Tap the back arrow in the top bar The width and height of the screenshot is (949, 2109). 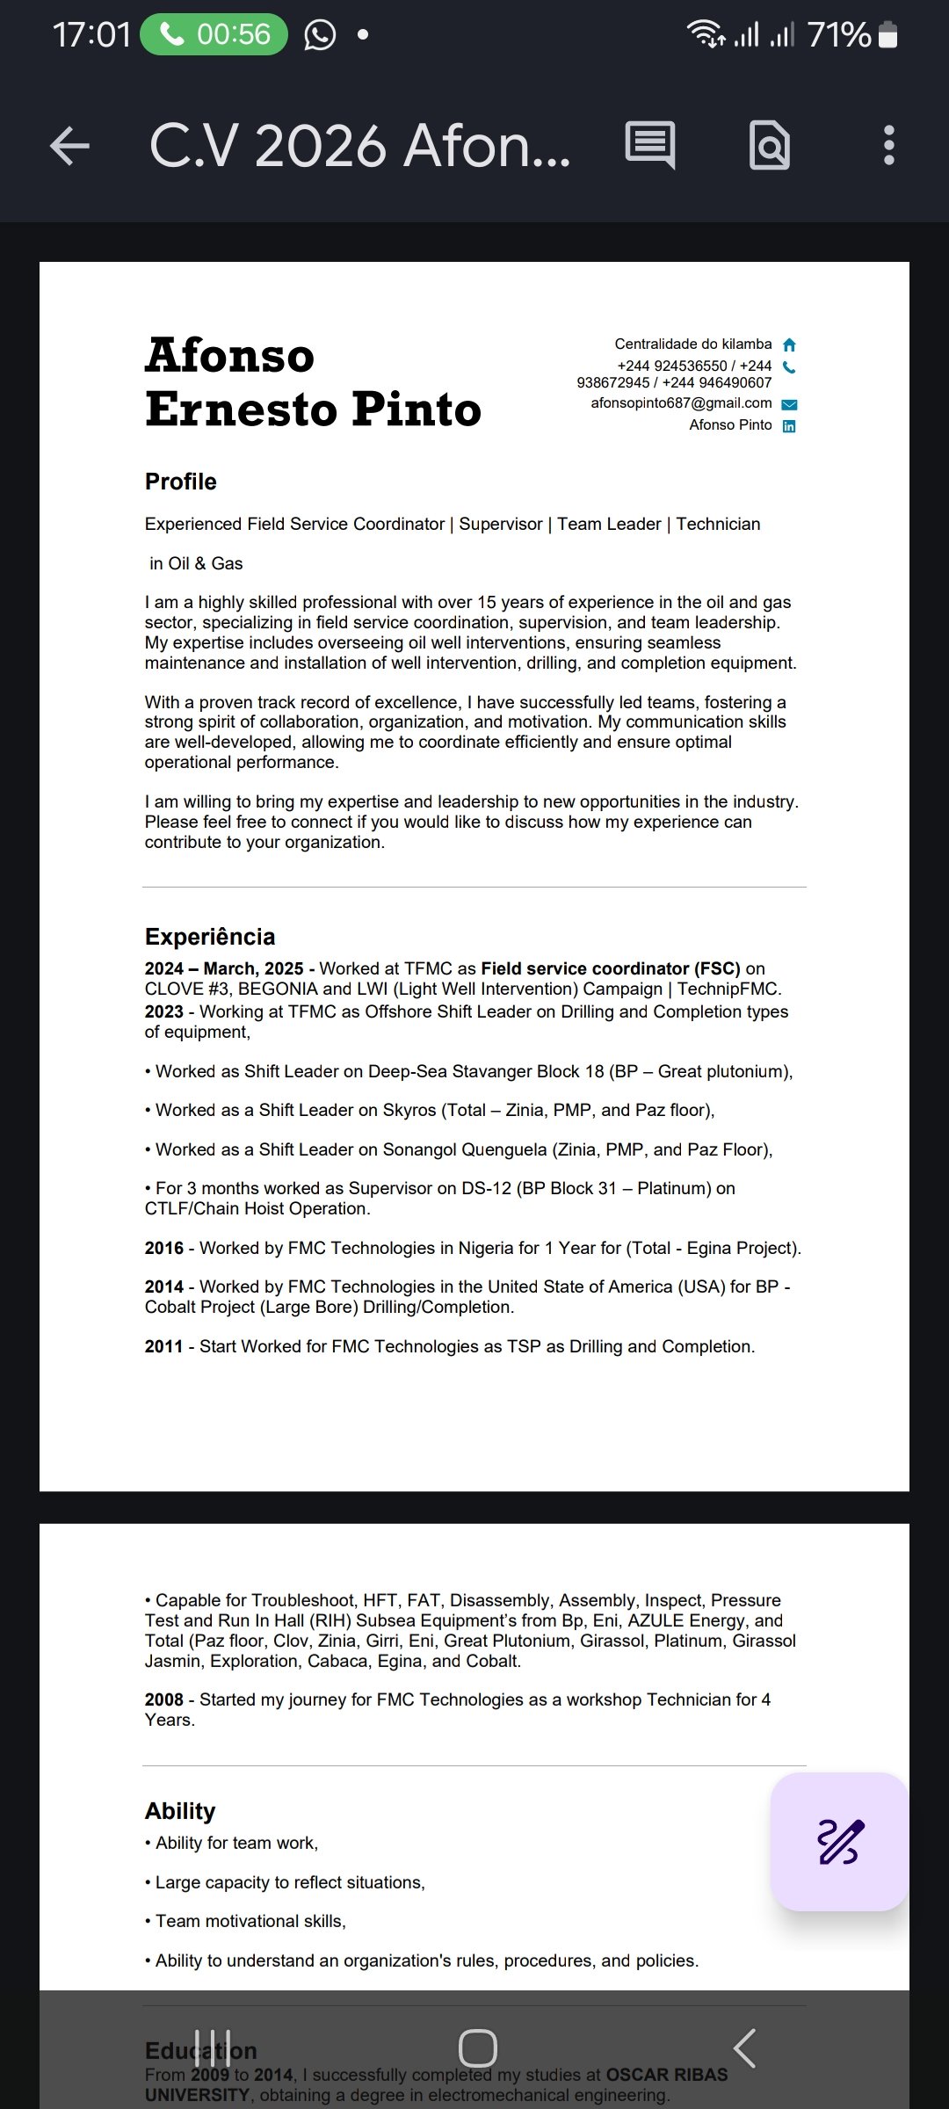point(70,146)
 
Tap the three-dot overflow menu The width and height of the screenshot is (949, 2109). point(888,146)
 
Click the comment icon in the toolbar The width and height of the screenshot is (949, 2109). point(650,145)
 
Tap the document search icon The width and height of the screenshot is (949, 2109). point(769,146)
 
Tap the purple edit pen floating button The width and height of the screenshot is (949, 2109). point(839,1841)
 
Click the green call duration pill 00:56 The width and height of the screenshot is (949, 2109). point(214,35)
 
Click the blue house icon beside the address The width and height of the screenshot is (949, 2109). point(789,344)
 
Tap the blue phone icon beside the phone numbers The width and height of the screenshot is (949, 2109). point(789,367)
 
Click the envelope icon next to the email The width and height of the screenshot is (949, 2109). point(789,404)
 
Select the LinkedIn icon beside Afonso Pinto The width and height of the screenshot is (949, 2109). point(789,426)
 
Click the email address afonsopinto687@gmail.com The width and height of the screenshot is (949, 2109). point(681,403)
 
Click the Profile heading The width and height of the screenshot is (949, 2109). point(181,482)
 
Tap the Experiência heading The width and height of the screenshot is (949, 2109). point(210,937)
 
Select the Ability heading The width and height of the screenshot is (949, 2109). point(180,1811)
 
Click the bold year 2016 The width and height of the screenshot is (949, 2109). point(164,1248)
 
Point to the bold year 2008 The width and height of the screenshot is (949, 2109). point(164,1700)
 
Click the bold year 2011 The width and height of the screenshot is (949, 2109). point(164,1346)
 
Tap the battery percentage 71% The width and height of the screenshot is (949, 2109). point(839,35)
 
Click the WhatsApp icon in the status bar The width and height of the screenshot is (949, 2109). point(320,35)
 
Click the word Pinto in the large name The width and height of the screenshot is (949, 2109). point(417,409)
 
